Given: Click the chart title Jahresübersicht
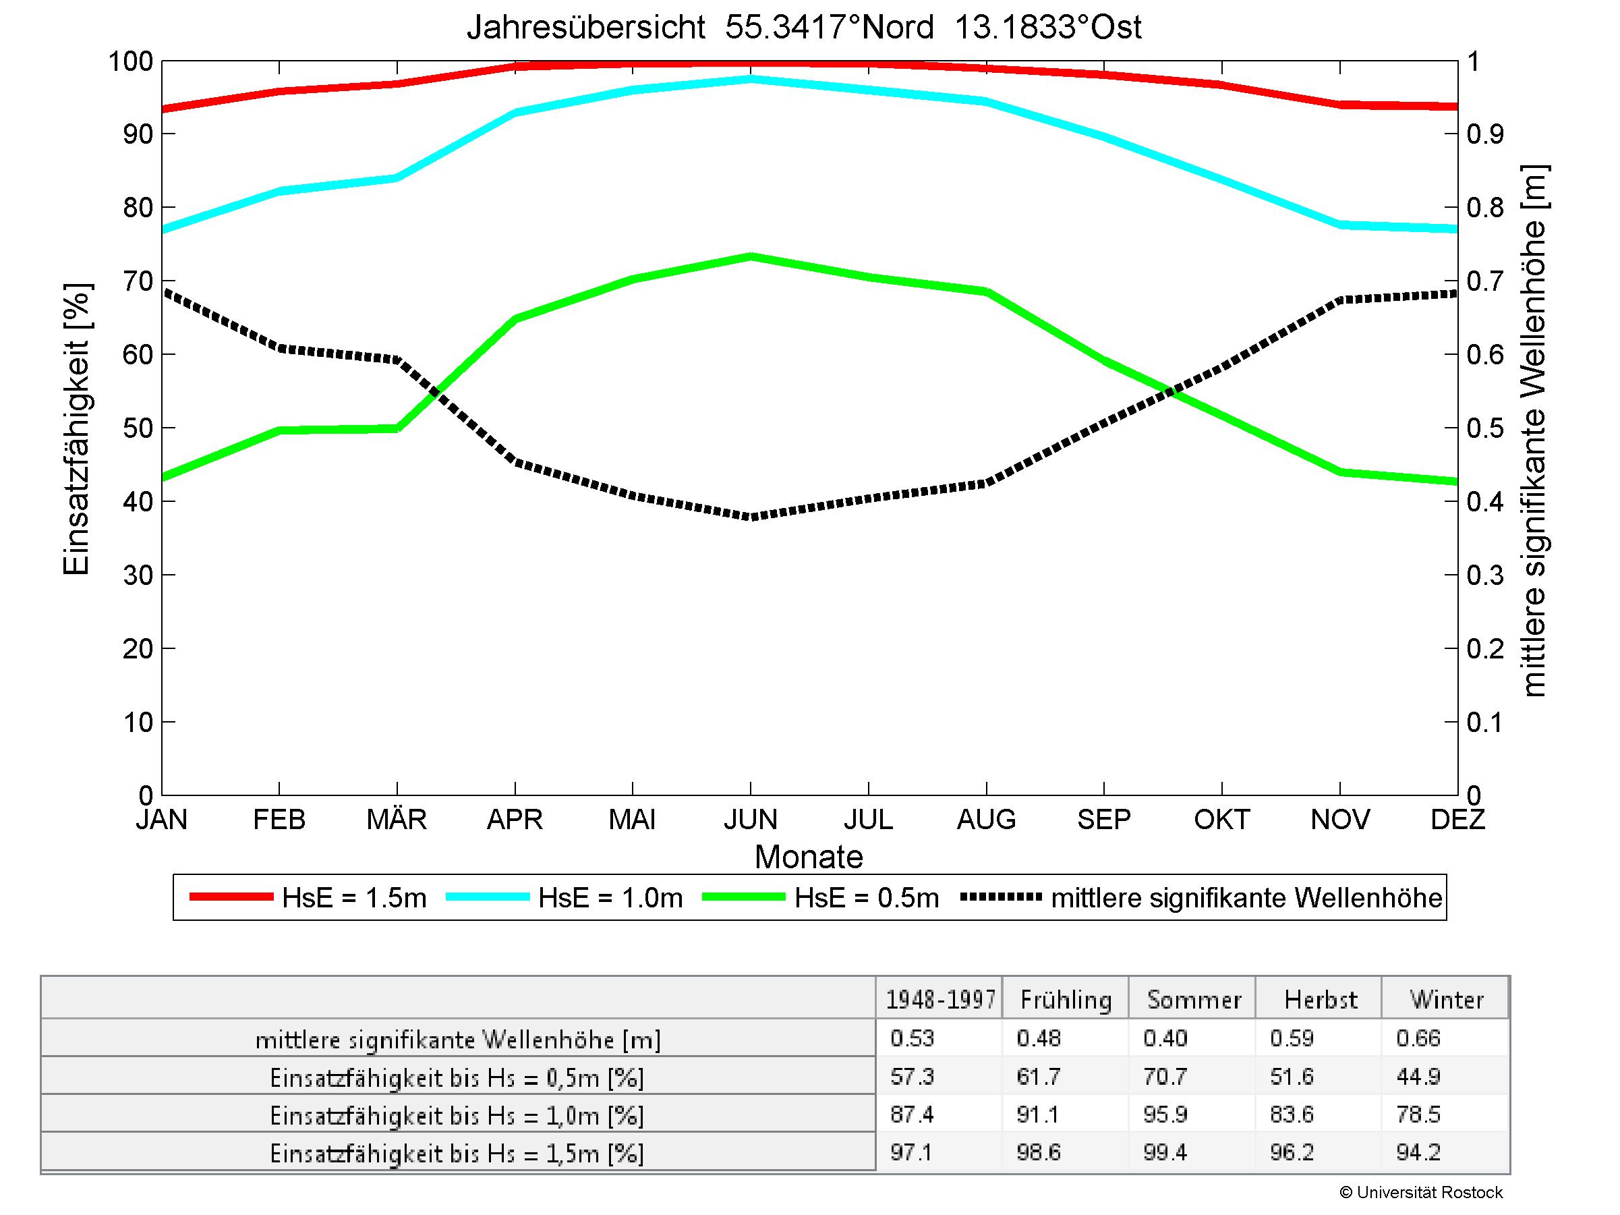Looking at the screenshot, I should (803, 27).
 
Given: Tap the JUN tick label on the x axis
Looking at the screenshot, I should (751, 819).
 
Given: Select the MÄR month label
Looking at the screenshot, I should (397, 819).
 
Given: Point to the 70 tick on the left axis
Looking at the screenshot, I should (138, 281).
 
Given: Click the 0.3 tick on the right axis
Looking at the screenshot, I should (1485, 575).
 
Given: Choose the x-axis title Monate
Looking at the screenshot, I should (809, 856).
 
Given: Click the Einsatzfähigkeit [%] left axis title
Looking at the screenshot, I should (76, 428).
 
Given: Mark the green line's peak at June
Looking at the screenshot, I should (751, 256).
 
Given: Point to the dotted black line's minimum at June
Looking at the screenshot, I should (751, 516).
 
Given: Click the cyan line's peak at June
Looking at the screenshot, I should (751, 78).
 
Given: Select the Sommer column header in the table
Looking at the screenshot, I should (1194, 1000).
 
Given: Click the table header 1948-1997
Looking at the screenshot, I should (940, 1000).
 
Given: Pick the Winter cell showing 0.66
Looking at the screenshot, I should (1418, 1038).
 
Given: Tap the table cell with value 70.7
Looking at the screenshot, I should (1165, 1076).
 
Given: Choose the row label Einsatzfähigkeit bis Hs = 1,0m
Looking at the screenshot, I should (457, 1115).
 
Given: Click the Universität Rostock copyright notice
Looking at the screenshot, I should (1421, 1192).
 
